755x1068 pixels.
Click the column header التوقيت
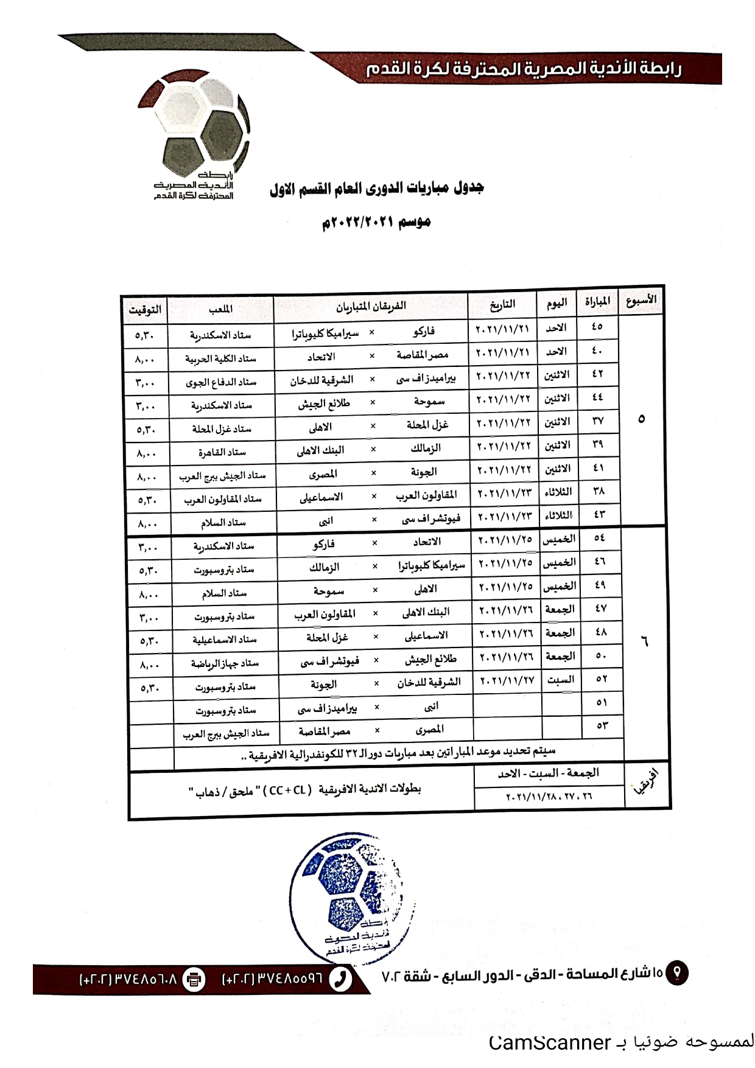pyautogui.click(x=145, y=310)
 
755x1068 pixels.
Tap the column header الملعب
pyautogui.click(x=220, y=309)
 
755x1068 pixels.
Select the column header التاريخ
pyautogui.click(x=502, y=304)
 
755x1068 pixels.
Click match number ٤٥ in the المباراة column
pyautogui.click(x=597, y=326)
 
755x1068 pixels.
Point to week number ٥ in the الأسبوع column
pyautogui.click(x=641, y=419)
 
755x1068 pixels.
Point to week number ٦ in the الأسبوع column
pyautogui.click(x=645, y=641)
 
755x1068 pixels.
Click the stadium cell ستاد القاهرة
pyautogui.click(x=222, y=452)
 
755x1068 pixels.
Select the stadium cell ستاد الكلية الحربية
pyautogui.click(x=220, y=358)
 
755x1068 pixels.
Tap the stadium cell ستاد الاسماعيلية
pyautogui.click(x=225, y=640)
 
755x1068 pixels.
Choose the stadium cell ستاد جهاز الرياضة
pyautogui.click(x=225, y=663)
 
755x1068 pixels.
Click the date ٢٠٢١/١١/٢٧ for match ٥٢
pyautogui.click(x=507, y=680)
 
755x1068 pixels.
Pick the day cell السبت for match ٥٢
pyautogui.click(x=560, y=680)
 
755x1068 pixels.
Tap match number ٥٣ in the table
pyautogui.click(x=602, y=725)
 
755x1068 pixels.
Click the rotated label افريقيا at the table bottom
pyautogui.click(x=646, y=784)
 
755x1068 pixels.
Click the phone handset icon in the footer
pyautogui.click(x=340, y=979)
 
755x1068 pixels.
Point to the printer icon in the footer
pyautogui.click(x=194, y=980)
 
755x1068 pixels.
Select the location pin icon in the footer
pyautogui.click(x=676, y=972)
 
